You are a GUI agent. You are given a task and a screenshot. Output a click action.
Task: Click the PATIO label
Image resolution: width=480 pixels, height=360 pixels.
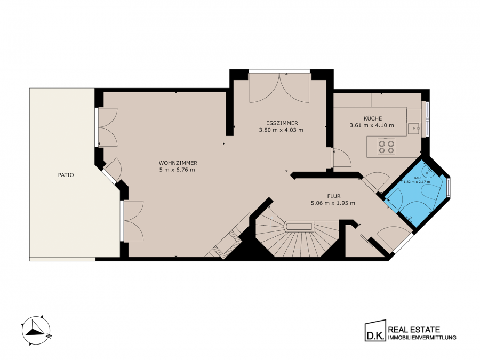(x=66, y=175)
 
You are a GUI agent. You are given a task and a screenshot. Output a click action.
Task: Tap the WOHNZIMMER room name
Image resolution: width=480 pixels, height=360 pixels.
(x=178, y=163)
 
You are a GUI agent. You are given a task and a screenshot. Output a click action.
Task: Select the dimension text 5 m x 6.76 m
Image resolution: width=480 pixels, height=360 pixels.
(x=177, y=170)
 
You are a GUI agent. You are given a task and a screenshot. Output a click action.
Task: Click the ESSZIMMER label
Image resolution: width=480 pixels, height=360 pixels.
(x=282, y=123)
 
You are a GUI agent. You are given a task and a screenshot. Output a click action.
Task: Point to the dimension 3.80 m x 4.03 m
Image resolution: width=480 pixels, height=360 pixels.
(x=281, y=130)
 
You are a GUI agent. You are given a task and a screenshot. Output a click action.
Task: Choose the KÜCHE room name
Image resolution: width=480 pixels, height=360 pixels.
(x=373, y=118)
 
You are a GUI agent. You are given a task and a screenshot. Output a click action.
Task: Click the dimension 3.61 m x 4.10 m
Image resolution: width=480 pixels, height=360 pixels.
(x=372, y=125)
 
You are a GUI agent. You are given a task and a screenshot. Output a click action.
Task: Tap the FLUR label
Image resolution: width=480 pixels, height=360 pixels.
(x=334, y=196)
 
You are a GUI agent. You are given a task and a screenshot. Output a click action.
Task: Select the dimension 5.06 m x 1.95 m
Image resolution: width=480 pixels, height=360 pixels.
(x=333, y=203)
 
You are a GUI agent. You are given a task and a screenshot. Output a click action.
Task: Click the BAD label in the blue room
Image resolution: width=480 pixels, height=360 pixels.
(x=417, y=178)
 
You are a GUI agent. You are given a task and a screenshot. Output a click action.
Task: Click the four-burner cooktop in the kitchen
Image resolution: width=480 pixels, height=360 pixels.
(x=386, y=146)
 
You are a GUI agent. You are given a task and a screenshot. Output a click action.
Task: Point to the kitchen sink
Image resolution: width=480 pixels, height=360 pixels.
(x=413, y=129)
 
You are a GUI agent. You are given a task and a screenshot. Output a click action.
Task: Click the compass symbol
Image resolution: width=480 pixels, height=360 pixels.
(x=36, y=331)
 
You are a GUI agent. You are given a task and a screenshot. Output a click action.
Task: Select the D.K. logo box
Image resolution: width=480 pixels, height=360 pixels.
(x=375, y=330)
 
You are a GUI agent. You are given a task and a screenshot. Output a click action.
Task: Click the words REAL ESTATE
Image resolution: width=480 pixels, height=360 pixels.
(x=414, y=330)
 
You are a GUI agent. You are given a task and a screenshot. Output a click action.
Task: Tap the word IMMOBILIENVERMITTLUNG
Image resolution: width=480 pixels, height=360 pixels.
(x=422, y=338)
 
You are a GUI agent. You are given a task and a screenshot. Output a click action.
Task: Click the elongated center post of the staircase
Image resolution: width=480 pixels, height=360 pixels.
(x=299, y=227)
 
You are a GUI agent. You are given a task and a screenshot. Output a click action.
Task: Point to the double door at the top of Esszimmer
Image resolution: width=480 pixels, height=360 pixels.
(x=279, y=88)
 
